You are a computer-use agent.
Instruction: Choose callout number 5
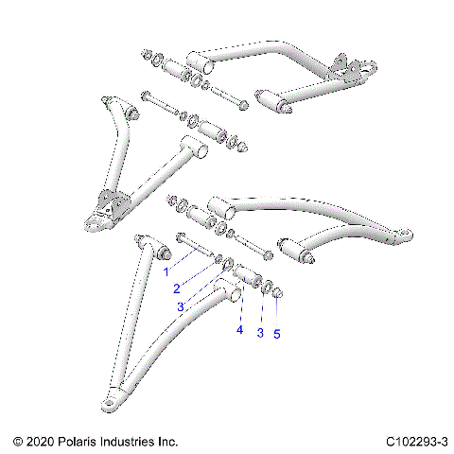pyautogui.click(x=276, y=333)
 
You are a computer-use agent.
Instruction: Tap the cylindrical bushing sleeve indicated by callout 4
pyautogui.click(x=248, y=277)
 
